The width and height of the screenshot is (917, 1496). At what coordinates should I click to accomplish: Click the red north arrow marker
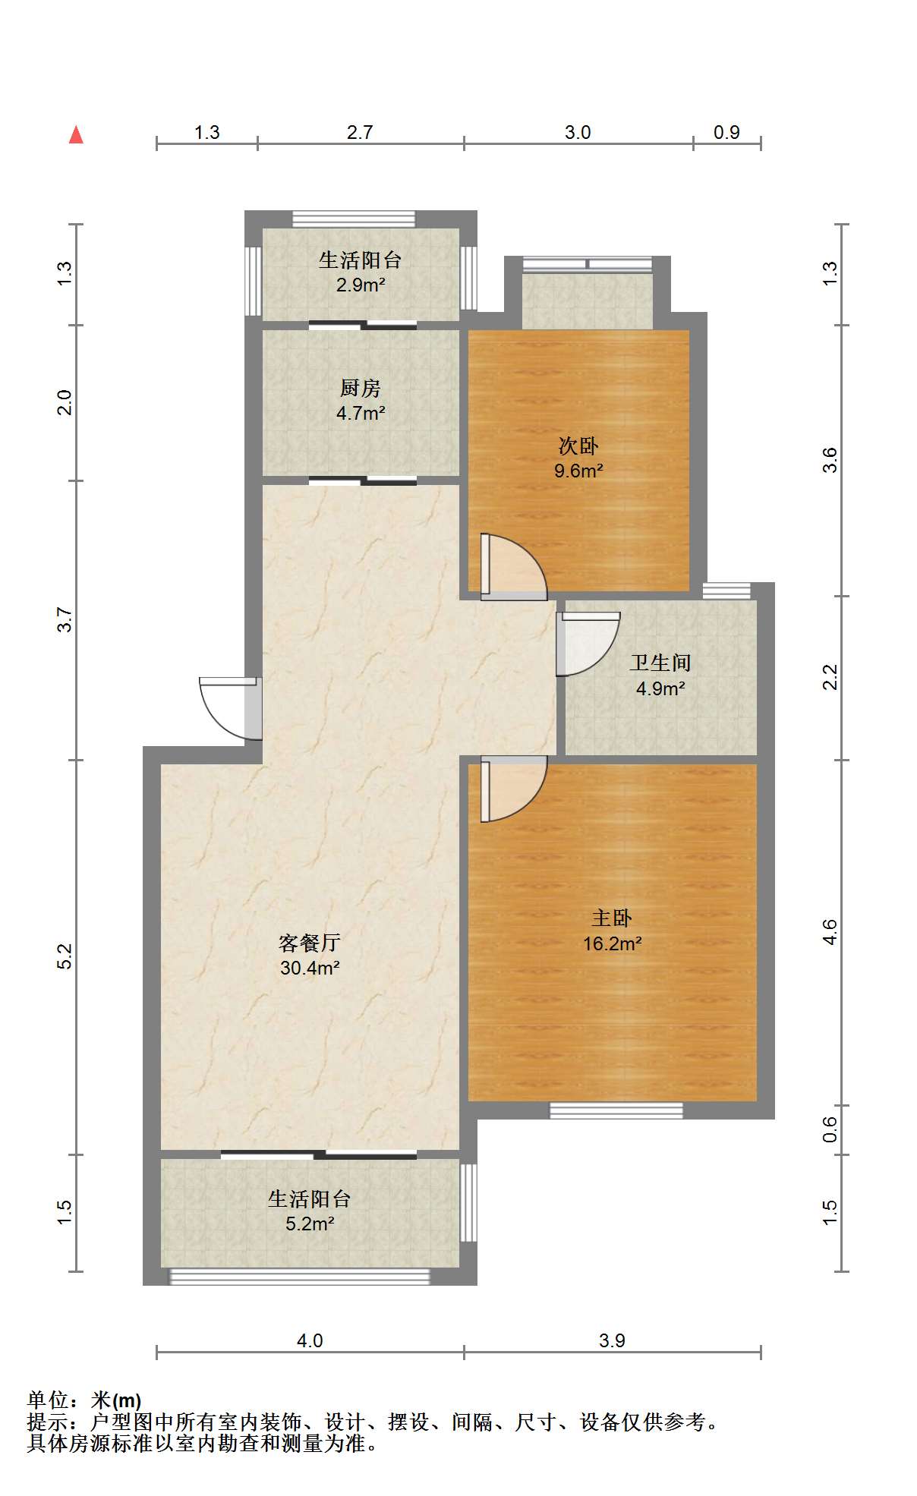coord(76,135)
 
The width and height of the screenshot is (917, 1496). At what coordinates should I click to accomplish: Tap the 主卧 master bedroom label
coord(611,918)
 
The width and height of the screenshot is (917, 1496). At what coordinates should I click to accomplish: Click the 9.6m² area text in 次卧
coord(578,471)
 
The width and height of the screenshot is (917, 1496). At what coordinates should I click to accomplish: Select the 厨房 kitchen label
coord(360,389)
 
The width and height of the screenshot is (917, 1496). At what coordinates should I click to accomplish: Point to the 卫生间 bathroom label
coord(660,663)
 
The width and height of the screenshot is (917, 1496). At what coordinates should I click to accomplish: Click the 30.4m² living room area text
coord(309,968)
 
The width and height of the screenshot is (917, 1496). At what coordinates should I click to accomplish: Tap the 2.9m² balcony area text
coord(360,286)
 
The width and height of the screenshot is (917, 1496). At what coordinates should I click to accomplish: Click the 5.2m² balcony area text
coord(310,1224)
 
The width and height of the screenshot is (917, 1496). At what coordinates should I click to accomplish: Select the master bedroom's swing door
coord(512,789)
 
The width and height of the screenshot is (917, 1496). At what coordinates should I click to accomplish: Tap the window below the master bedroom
coord(616,1111)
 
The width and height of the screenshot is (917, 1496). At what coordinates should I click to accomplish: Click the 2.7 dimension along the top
coord(360,133)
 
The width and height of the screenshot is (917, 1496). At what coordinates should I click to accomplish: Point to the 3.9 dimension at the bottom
coord(612,1341)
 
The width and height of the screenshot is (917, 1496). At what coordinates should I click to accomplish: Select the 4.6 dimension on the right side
coord(830,931)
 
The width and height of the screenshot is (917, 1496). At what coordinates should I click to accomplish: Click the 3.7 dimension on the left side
coord(66,619)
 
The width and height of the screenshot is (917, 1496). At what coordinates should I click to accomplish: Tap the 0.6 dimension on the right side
coord(830,1129)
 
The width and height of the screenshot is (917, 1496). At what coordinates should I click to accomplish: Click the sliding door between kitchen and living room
coord(363,480)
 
